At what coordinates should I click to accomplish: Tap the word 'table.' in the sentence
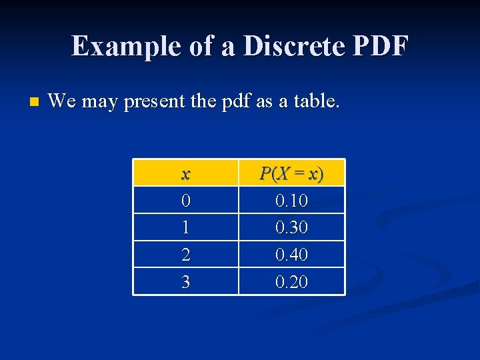(317, 101)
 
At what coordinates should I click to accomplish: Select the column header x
(185, 173)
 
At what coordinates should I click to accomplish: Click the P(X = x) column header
(291, 173)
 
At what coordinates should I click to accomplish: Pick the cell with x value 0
(185, 201)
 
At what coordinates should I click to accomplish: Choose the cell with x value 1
(185, 228)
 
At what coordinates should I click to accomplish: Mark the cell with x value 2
(185, 255)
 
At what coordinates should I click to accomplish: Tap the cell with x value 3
(185, 282)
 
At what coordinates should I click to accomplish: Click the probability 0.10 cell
(291, 201)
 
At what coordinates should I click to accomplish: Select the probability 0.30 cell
(291, 228)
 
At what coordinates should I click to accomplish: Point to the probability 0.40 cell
(291, 255)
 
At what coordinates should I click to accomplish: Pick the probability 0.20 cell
(291, 282)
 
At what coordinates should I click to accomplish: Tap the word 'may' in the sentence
(97, 103)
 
